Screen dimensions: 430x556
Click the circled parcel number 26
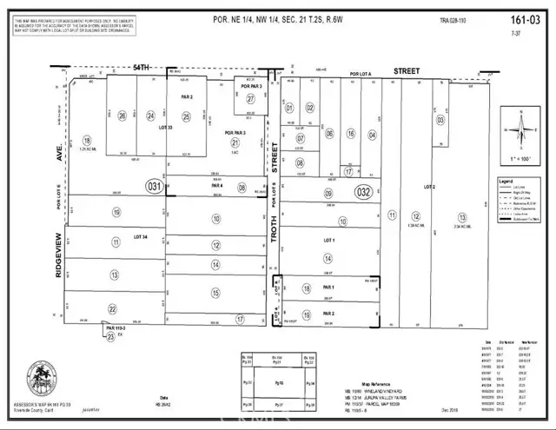122,115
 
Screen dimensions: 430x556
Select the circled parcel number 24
151,115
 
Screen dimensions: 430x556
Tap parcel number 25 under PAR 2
185,115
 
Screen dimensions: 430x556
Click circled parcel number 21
233,142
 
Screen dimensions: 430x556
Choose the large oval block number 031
155,186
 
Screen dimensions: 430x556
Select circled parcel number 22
112,308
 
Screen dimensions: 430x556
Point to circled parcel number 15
215,294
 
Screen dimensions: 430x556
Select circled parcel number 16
351,133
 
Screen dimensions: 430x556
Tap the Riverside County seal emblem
42,378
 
